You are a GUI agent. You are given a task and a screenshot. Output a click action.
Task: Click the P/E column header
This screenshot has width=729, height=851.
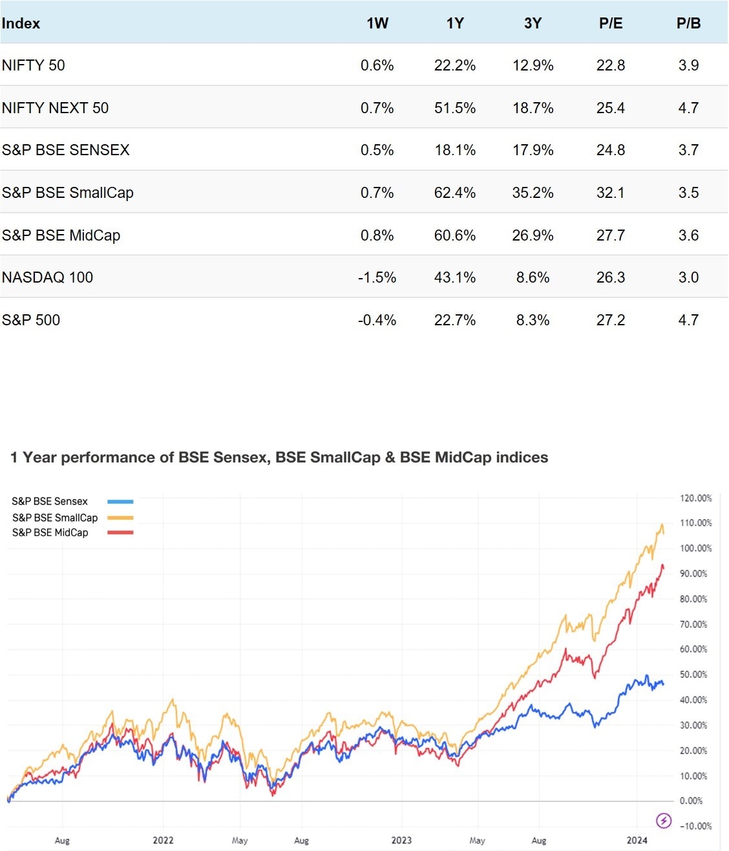610,23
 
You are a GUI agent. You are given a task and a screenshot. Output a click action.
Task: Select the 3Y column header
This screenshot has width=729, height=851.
533,23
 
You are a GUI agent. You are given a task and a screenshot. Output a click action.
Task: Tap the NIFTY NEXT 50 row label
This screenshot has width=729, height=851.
55,107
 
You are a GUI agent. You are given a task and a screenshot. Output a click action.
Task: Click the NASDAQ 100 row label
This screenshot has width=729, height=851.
47,277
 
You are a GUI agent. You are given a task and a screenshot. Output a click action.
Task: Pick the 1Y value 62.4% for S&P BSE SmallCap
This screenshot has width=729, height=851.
454,193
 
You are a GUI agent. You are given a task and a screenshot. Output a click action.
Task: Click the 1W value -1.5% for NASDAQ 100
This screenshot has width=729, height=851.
377,277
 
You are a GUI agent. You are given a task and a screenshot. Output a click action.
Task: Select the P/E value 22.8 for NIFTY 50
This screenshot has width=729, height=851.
610,65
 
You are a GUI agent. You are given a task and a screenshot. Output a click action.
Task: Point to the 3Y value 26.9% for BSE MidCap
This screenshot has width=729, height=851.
533,235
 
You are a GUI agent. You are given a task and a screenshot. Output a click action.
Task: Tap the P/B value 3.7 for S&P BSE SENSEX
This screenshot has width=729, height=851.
688,150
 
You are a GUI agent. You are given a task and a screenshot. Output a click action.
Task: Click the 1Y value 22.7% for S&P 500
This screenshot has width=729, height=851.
454,320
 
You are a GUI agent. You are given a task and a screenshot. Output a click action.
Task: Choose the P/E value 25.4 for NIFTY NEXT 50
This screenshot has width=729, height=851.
610,108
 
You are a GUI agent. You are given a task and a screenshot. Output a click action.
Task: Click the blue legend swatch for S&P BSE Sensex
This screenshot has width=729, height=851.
120,501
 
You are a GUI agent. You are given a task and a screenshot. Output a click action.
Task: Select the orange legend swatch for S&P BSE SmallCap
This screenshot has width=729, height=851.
120,517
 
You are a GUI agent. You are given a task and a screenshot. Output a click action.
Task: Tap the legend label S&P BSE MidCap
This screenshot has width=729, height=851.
50,532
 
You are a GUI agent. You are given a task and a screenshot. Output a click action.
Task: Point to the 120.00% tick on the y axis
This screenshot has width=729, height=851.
695,498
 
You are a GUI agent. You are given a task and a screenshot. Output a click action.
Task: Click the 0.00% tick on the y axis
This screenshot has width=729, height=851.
691,801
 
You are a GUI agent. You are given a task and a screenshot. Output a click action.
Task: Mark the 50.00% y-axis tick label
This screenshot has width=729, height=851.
693,674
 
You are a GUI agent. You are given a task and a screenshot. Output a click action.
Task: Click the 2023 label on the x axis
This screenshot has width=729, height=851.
401,840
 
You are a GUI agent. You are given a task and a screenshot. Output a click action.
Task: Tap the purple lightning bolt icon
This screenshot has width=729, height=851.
664,821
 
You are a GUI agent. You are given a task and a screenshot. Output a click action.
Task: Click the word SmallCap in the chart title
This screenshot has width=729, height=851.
345,457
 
